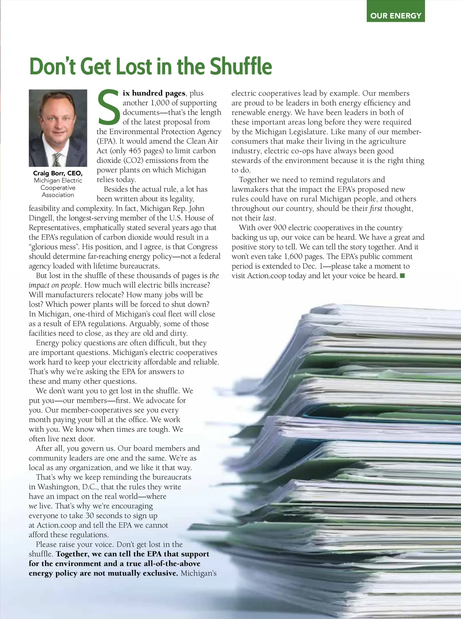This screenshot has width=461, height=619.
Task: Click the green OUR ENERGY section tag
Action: click(x=396, y=15)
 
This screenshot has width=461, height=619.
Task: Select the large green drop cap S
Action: click(x=108, y=107)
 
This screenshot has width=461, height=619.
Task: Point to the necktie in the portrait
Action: click(x=57, y=159)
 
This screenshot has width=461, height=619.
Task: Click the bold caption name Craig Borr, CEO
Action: click(x=58, y=173)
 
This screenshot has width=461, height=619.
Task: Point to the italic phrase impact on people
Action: click(x=54, y=285)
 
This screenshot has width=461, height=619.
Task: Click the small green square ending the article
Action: click(x=402, y=275)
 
